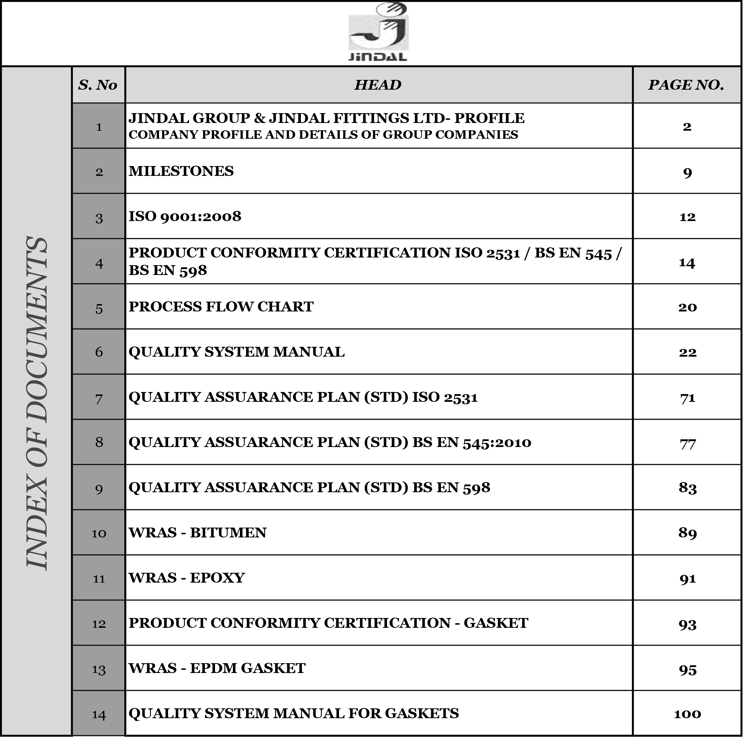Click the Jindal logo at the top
pos(378,33)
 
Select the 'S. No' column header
pos(98,85)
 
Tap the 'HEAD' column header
pos(378,85)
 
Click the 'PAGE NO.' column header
pos(686,85)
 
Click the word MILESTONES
pos(181,171)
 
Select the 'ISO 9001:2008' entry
pos(185,216)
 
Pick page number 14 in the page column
pos(687,263)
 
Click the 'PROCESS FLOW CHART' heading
pos(221,307)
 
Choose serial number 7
pos(99,399)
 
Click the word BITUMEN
pos(228,533)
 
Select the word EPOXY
pos(217,578)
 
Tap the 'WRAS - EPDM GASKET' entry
pos(217,668)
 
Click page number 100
pos(687,714)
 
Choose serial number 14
pos(99,715)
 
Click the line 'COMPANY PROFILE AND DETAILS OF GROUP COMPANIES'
pos(323,135)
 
